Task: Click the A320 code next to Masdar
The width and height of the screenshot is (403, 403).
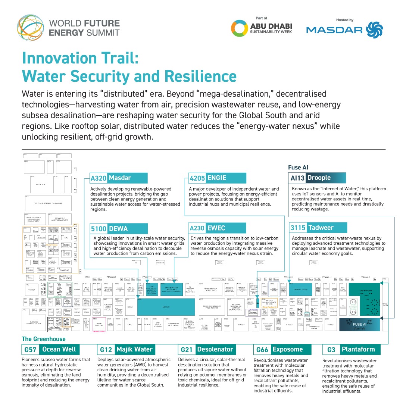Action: pos(99,178)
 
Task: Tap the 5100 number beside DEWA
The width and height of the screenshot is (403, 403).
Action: pos(99,228)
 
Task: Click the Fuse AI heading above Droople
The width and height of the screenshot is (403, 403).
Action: pos(298,168)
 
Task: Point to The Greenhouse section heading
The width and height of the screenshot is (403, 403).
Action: pos(44,339)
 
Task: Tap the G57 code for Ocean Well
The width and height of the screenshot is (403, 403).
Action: pos(30,350)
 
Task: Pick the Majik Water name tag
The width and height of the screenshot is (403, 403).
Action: pos(134,350)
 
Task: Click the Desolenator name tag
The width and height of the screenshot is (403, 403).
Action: pos(215,350)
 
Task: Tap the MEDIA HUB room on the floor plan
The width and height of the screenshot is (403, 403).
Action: pos(41,184)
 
